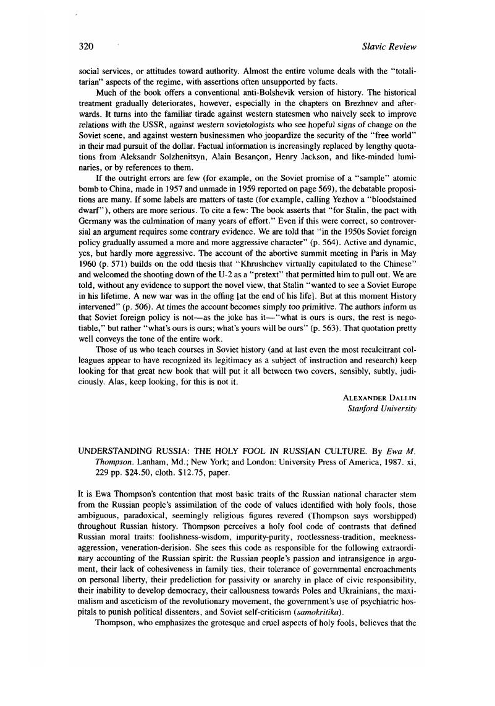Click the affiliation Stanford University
tap(383, 409)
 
